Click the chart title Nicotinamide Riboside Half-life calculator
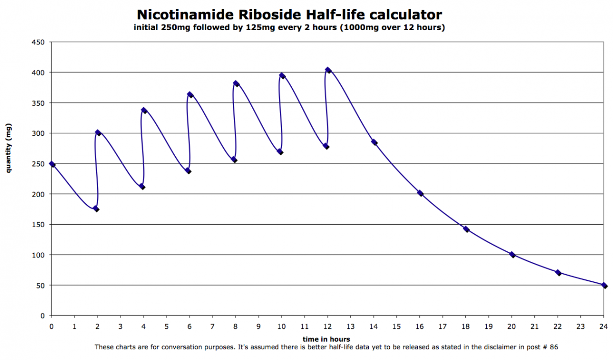289,14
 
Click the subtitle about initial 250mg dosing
289,28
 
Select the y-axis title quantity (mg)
9,149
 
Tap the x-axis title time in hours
326,339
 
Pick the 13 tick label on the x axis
350,325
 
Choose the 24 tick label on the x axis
603,325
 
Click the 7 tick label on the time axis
213,325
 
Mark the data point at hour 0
52,164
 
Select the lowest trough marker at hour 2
96,209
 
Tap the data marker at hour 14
374,142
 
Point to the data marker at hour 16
420,193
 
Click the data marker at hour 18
466,229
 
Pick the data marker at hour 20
512,255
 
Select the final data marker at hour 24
604,285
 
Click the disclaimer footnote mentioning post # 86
326,347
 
